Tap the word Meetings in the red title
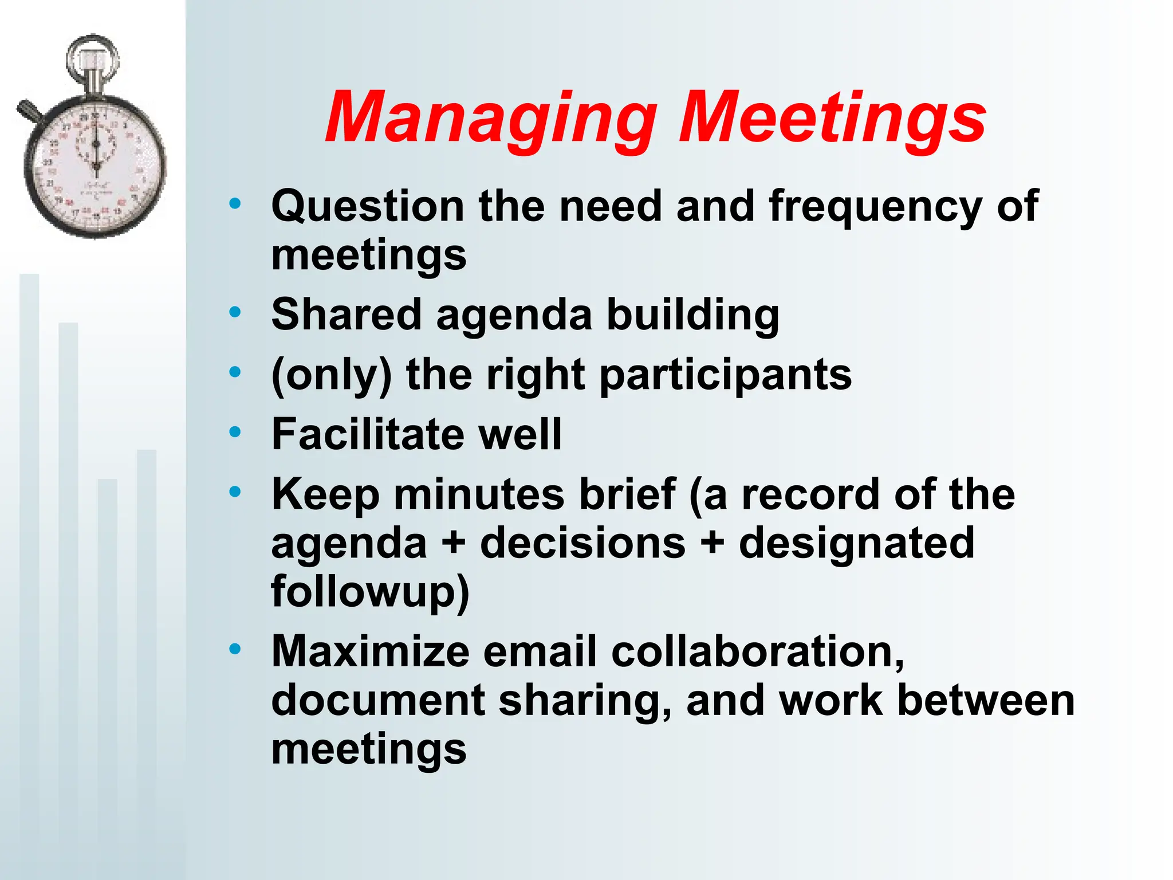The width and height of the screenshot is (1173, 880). click(832, 119)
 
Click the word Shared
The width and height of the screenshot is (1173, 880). click(347, 315)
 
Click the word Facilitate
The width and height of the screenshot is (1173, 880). click(368, 434)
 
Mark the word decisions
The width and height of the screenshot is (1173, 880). click(582, 543)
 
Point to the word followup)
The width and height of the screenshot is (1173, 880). click(370, 592)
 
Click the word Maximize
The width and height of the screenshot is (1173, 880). click(371, 651)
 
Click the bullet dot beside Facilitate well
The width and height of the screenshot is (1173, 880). click(235, 432)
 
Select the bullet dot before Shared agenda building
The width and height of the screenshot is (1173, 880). click(235, 312)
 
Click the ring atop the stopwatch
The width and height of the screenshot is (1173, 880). click(92, 54)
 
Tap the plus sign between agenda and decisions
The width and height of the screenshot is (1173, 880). click(454, 542)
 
